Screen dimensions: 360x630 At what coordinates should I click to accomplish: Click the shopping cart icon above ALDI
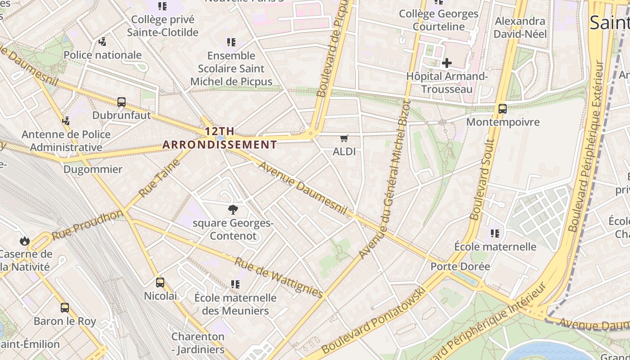coord(344,138)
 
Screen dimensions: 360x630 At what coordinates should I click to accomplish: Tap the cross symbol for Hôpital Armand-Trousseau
coord(446,63)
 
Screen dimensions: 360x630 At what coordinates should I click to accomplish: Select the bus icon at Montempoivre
coord(502,108)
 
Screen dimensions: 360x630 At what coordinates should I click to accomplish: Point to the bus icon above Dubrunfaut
coord(121,102)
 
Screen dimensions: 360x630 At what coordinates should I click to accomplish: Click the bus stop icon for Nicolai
coord(160,283)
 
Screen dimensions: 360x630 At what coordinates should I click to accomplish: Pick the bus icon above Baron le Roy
coord(65,308)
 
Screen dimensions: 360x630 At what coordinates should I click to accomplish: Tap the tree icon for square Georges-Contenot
coord(233,209)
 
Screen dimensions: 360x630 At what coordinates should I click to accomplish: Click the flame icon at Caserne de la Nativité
coord(25,241)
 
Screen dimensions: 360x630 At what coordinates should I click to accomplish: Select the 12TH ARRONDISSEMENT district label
coord(220,138)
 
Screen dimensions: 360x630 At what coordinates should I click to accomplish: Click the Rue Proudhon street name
coord(87,225)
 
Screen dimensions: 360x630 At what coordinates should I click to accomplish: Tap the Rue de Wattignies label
coord(279,277)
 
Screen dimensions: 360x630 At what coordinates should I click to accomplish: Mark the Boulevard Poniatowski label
coord(373,320)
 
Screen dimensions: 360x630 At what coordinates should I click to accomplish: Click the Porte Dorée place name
coord(460,266)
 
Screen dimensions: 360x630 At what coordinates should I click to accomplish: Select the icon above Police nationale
coord(102,42)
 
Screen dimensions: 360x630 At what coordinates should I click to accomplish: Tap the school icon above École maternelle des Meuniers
coord(235,284)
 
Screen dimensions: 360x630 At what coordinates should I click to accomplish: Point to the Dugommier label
coord(93,170)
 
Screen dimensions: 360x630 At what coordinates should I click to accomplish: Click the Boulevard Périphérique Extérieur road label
coord(586,146)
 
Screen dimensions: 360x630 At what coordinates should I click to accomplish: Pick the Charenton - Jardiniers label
coord(198,343)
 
